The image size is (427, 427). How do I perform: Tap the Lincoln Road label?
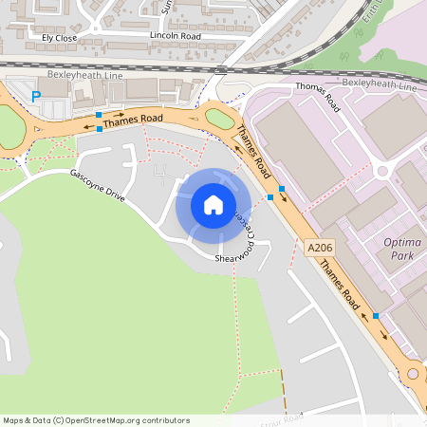[x=176, y=35]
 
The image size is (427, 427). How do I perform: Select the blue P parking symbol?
[x=36, y=96]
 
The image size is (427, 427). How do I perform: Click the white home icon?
[x=213, y=205]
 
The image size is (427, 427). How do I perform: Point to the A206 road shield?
[x=320, y=248]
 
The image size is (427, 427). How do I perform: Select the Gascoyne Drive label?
[x=97, y=185]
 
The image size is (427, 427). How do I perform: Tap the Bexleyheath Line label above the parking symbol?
[x=84, y=73]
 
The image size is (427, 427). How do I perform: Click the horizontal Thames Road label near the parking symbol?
[x=132, y=120]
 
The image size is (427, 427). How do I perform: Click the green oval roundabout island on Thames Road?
[x=219, y=120]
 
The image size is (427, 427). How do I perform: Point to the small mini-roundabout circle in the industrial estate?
[x=383, y=172]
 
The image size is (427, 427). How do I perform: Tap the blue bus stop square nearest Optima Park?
[x=376, y=315]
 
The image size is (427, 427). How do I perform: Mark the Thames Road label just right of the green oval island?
[x=255, y=152]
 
